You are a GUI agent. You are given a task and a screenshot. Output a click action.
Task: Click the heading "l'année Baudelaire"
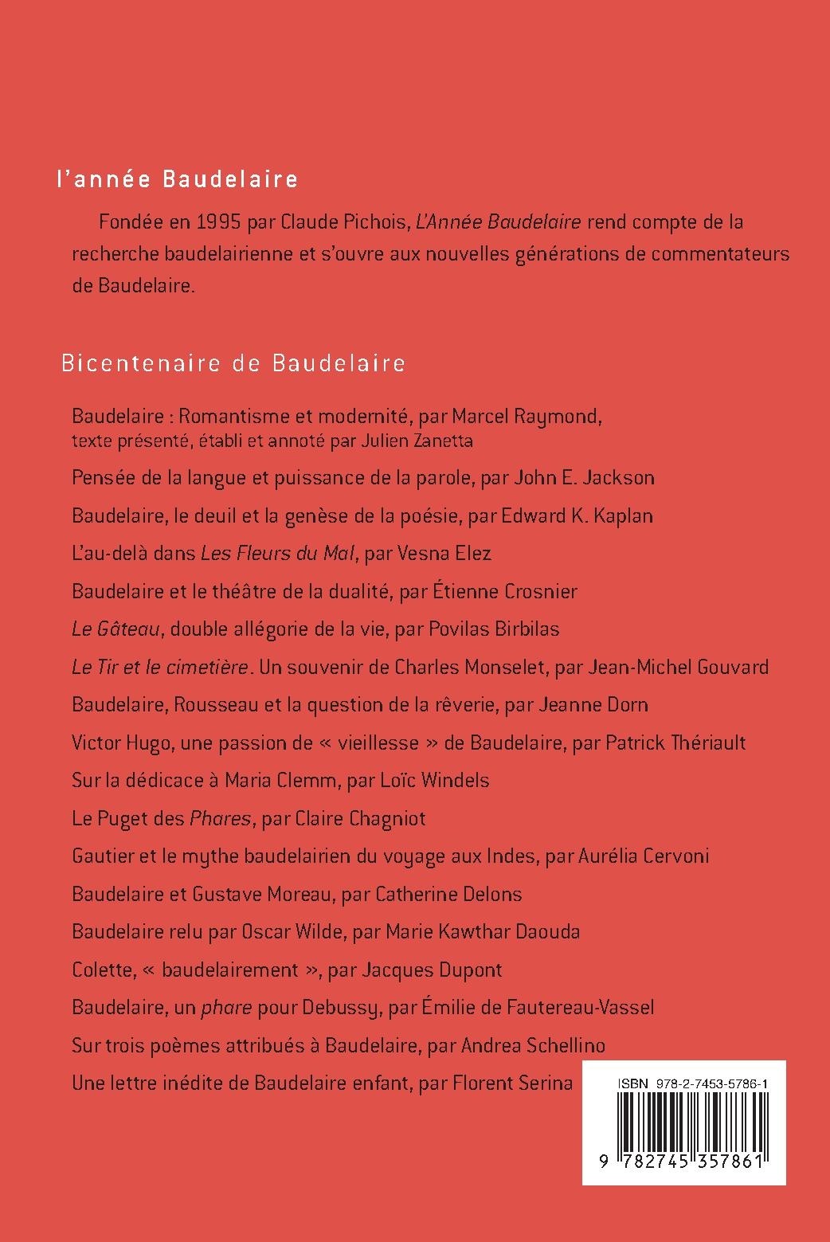coord(177,179)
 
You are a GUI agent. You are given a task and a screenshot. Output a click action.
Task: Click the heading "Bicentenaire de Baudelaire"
coord(233,363)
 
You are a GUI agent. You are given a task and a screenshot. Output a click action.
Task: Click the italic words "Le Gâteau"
coord(117,629)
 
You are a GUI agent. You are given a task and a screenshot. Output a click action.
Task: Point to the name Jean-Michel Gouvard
coord(678,667)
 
